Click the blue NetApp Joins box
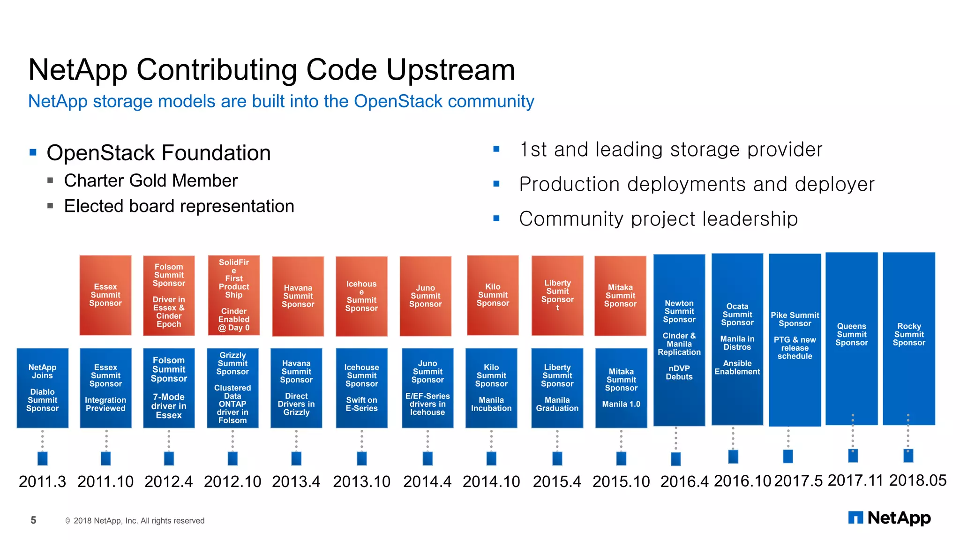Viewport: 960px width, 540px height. [42, 388]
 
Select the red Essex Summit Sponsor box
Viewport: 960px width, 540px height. [105, 295]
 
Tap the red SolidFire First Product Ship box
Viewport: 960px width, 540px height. [233, 295]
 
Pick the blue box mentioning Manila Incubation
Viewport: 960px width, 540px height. [491, 388]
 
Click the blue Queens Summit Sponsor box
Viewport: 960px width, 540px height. [851, 338]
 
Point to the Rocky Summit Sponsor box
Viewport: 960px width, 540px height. [908, 338]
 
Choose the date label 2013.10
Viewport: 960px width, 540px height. [361, 481]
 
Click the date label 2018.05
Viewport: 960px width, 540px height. [917, 480]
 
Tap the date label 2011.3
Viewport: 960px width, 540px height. [42, 481]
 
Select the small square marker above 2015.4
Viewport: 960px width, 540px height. [557, 458]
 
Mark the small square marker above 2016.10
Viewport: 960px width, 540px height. [733, 457]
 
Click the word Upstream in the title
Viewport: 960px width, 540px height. [450, 70]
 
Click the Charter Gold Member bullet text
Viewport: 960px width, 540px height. [150, 181]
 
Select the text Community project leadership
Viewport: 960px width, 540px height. [658, 219]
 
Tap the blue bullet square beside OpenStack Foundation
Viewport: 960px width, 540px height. [33, 152]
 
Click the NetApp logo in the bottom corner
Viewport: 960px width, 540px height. [889, 518]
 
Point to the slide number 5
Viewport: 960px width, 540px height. [33, 520]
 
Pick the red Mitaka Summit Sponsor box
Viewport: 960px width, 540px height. [620, 295]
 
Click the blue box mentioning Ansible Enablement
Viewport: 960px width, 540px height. [737, 339]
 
